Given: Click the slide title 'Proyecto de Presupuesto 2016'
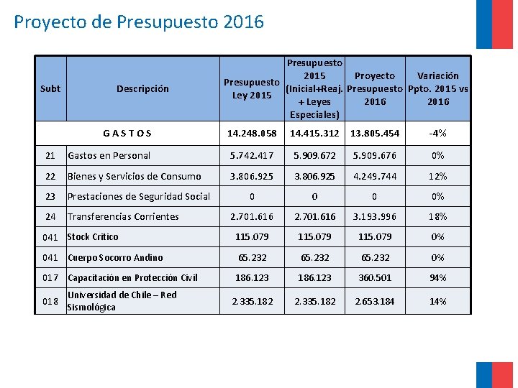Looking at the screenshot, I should click(x=139, y=22).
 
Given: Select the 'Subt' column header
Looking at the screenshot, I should click(x=50, y=88).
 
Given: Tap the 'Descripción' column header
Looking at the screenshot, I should click(x=142, y=88).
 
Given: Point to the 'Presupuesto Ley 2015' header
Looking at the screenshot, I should click(x=252, y=88).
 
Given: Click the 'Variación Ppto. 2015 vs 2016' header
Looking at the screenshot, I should click(x=437, y=88).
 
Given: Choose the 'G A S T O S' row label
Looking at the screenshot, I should click(x=127, y=133).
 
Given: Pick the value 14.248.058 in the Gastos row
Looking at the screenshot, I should click(x=252, y=133).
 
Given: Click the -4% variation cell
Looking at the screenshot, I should click(x=437, y=133).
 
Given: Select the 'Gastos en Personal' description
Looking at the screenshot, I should click(x=109, y=155).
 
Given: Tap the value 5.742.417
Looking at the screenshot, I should click(x=252, y=155).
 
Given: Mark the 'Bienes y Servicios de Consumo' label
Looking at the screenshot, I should click(x=134, y=176).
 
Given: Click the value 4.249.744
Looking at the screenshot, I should click(x=375, y=176).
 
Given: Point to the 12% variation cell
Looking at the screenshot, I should click(x=437, y=176).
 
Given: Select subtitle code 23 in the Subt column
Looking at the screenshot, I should click(x=50, y=196).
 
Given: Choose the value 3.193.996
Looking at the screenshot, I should click(x=375, y=216).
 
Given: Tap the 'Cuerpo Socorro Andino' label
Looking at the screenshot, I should click(x=115, y=257).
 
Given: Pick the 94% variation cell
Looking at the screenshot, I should click(x=437, y=277).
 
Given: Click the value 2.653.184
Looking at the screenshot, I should click(x=375, y=301).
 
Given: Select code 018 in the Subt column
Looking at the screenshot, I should click(x=50, y=301).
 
